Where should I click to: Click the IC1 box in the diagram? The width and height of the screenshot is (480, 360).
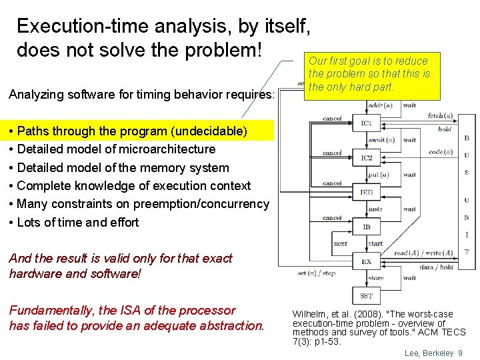tap(367, 123)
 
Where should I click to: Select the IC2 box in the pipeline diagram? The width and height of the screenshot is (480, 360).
tap(367, 158)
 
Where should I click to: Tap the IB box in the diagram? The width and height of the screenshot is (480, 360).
tap(367, 227)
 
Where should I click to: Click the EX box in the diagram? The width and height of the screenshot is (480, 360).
tap(367, 262)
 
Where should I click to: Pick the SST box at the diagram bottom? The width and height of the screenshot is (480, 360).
tap(367, 296)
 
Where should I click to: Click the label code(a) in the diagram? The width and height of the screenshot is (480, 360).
tap(440, 152)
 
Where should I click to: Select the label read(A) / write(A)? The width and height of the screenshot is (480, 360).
tap(423, 253)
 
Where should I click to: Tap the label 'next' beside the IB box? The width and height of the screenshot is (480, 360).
tap(340, 243)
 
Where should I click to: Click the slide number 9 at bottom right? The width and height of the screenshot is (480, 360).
tap(460, 353)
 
